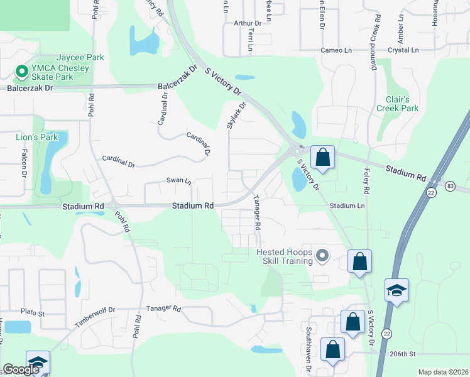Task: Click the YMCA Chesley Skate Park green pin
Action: (21, 72)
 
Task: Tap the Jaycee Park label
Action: (78, 57)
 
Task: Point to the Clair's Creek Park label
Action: (397, 104)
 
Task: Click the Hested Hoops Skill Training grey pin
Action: (323, 256)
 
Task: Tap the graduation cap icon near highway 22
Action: (397, 291)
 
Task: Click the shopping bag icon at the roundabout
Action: (322, 157)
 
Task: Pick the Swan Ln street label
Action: (178, 180)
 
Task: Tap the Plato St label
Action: (33, 312)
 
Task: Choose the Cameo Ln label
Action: (333, 50)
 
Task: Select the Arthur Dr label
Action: (243, 23)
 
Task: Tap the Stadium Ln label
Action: (347, 205)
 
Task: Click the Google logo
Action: (21, 369)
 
